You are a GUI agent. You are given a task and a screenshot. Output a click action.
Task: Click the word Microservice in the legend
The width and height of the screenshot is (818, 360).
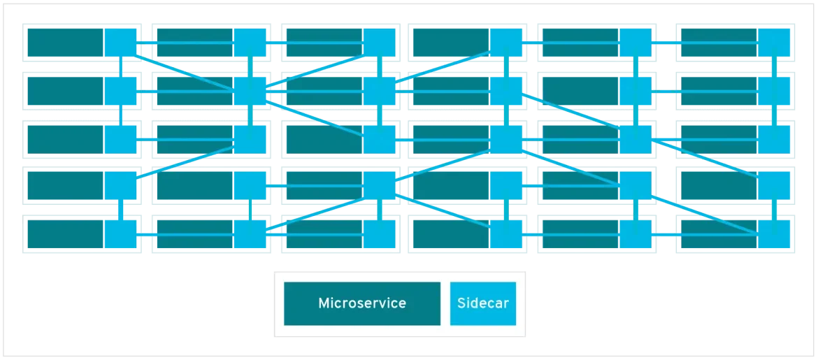pos(361,303)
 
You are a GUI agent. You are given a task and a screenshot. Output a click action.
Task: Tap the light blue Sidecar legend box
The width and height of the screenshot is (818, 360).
pos(482,303)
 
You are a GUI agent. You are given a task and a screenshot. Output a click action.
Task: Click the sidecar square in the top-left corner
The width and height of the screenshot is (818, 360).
pos(121,43)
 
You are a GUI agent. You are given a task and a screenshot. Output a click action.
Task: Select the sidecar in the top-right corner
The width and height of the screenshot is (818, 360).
pos(775,43)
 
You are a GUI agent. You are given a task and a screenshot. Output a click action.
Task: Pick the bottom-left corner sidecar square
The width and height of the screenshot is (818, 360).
pos(121,233)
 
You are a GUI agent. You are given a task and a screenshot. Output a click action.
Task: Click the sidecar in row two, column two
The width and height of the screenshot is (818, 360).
pos(250,90)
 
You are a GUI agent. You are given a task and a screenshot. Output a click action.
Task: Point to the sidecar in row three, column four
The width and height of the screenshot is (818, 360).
pos(507,138)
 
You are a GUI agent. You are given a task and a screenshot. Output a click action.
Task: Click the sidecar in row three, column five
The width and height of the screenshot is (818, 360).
pos(636,138)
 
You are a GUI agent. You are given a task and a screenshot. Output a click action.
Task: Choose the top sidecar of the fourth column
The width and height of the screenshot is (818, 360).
pos(507,43)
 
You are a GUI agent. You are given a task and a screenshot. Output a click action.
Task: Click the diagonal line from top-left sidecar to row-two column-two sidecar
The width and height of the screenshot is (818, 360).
pos(185,66)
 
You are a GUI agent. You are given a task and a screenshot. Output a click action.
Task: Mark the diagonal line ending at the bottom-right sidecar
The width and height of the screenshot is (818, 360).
pos(706,210)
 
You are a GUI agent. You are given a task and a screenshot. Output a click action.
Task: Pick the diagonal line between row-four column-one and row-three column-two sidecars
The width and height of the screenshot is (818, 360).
pos(185,162)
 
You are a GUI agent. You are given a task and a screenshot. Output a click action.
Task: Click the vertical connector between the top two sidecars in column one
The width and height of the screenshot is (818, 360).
pos(121,66)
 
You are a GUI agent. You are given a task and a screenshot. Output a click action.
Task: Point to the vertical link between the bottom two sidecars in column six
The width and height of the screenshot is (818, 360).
pos(775,210)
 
